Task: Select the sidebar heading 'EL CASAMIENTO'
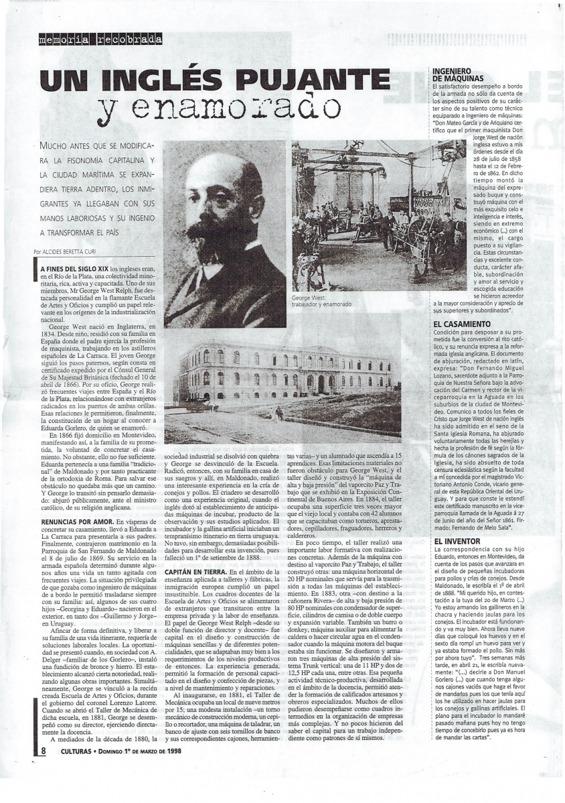pos(462,324)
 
